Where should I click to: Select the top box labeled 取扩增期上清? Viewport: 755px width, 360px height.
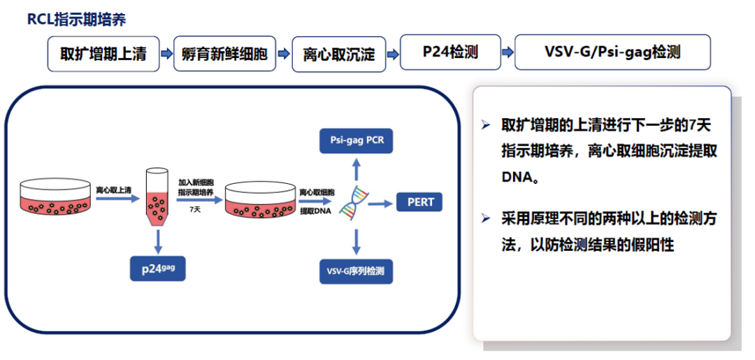[103, 53]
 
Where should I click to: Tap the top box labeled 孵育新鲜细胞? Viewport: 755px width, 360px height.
[224, 53]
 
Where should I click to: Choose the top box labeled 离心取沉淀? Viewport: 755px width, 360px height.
[338, 53]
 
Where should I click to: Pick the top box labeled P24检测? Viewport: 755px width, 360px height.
[450, 52]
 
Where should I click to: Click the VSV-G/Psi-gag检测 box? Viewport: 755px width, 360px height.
[612, 52]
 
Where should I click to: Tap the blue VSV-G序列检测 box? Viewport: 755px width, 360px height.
[356, 271]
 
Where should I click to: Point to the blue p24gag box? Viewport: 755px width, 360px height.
[159, 267]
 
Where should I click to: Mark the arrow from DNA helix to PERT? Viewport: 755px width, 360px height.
[378, 203]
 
